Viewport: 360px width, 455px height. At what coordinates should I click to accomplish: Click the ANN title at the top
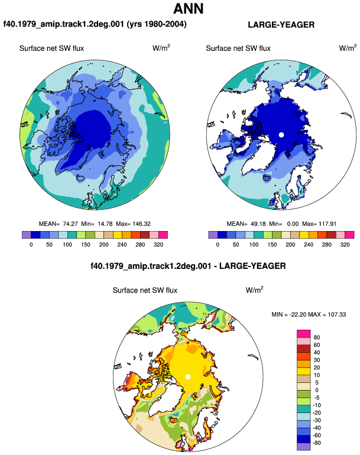(x=188, y=9)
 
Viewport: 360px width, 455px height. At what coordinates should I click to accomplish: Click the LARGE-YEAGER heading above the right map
(x=281, y=25)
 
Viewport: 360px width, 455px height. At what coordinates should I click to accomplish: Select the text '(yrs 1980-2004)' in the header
(x=157, y=24)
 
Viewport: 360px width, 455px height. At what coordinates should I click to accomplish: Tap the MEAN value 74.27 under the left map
(x=70, y=224)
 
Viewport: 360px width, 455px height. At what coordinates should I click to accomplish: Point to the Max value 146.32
(x=141, y=224)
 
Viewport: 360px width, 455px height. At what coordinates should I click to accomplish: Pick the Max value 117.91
(x=327, y=224)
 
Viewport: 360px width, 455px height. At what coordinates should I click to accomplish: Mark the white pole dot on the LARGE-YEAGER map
(x=281, y=135)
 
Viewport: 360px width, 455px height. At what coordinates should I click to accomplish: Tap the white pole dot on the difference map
(x=188, y=376)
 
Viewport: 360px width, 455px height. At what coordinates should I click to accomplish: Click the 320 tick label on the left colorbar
(x=158, y=245)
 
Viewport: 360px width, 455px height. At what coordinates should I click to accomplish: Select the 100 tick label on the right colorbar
(x=254, y=245)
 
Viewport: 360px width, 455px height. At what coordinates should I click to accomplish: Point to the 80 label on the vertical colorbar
(x=317, y=337)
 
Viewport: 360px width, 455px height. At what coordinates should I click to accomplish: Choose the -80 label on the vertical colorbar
(x=317, y=443)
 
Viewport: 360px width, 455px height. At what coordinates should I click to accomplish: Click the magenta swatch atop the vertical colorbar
(x=304, y=334)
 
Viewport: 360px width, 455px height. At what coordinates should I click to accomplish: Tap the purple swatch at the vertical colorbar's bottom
(x=304, y=447)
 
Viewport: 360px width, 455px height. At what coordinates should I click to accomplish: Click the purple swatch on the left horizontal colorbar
(x=27, y=235)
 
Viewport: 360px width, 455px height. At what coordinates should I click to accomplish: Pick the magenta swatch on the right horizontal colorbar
(x=349, y=235)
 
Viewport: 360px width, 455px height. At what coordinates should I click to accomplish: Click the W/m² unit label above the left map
(x=161, y=48)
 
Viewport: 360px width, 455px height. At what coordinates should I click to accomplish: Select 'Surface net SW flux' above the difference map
(x=145, y=290)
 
